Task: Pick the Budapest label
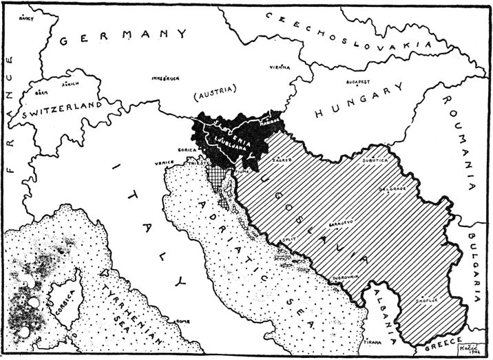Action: [360, 81]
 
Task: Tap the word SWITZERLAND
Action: [61, 111]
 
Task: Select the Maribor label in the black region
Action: [273, 125]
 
